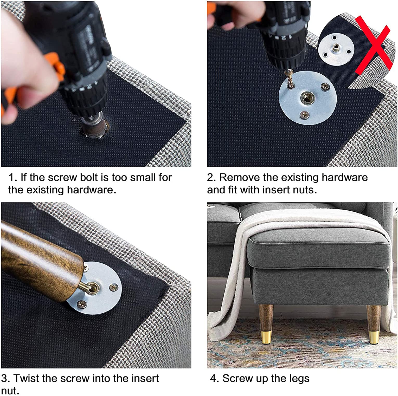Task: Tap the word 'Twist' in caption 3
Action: [26, 378]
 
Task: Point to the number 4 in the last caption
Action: [214, 379]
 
